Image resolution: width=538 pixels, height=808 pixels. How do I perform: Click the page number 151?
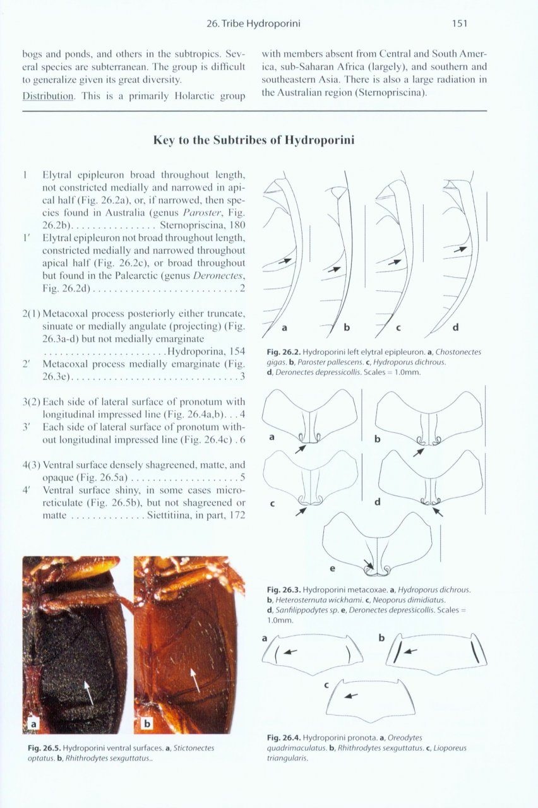[x=459, y=24]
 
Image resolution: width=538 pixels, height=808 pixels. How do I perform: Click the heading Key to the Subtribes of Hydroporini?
[x=254, y=140]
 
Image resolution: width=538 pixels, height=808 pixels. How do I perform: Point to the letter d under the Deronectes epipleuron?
[x=455, y=327]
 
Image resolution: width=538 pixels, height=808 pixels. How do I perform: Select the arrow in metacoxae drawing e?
[x=368, y=563]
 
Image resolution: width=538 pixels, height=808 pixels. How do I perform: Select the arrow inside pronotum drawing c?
[x=350, y=696]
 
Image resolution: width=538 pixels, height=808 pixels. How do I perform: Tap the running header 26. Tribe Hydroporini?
[x=253, y=24]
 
